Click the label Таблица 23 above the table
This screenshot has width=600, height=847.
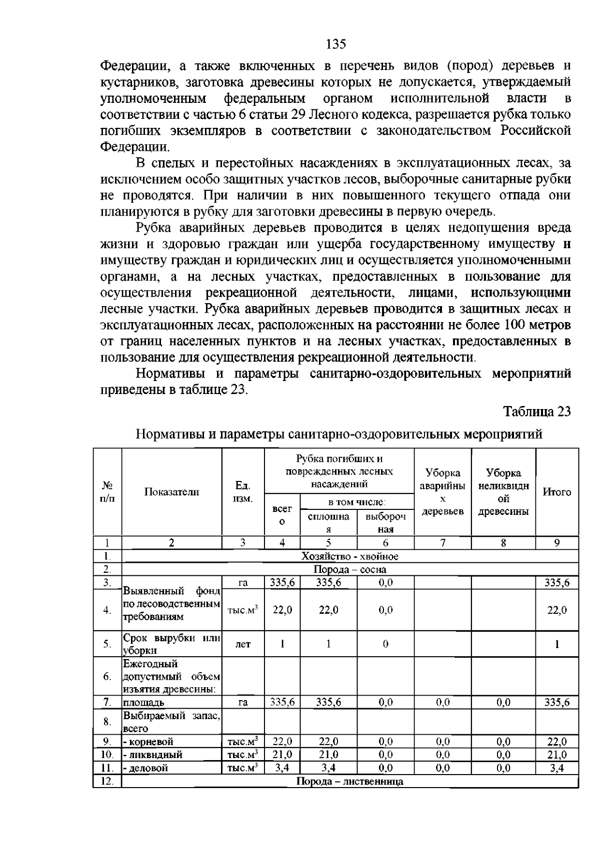(x=536, y=412)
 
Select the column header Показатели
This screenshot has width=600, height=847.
(x=171, y=492)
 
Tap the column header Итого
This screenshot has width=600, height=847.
(x=556, y=492)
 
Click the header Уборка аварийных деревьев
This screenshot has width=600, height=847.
(x=442, y=492)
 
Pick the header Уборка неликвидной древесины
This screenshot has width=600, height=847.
(x=503, y=492)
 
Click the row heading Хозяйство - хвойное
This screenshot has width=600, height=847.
(x=349, y=556)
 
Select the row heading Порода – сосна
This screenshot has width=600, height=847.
(x=349, y=569)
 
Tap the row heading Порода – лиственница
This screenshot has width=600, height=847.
(x=349, y=782)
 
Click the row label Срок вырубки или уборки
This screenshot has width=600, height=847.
(x=171, y=644)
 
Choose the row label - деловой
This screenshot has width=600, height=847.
(x=147, y=768)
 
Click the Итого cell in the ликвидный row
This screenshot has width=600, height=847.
(x=556, y=755)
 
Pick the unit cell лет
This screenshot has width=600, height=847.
(x=242, y=644)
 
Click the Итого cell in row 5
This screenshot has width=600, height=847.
(x=556, y=644)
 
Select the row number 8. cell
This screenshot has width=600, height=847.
(x=107, y=722)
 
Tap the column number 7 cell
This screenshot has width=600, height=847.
(x=442, y=543)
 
